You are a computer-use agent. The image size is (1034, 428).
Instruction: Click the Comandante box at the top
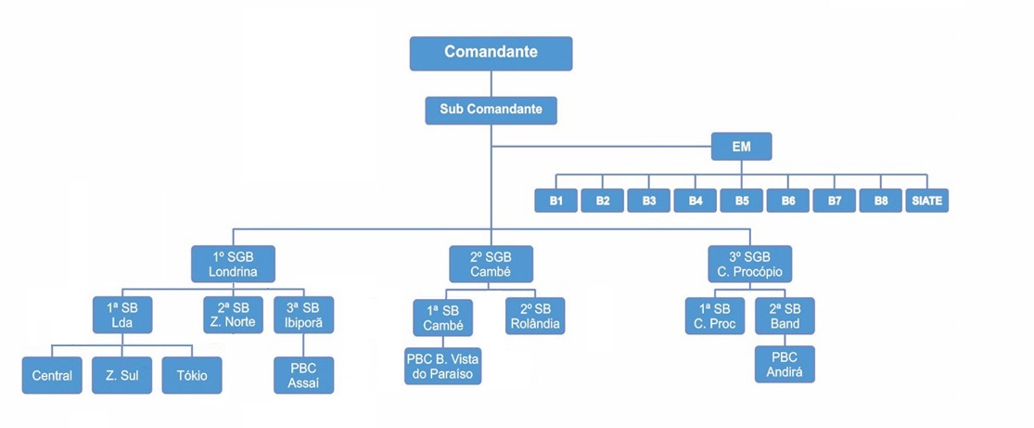pyautogui.click(x=491, y=53)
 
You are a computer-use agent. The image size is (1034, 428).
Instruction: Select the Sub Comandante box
pyautogui.click(x=491, y=110)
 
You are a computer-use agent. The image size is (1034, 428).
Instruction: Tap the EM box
pyautogui.click(x=741, y=148)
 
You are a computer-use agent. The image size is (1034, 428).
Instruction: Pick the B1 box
pyautogui.click(x=555, y=201)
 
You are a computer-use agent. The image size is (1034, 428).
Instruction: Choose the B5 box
pyautogui.click(x=741, y=201)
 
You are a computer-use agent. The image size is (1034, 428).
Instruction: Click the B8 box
pyautogui.click(x=880, y=201)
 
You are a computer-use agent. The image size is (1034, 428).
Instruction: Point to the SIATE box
pyautogui.click(x=927, y=201)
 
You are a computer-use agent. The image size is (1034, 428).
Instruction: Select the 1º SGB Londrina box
pyautogui.click(x=233, y=264)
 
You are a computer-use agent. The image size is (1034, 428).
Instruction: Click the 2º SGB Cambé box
pyautogui.click(x=491, y=264)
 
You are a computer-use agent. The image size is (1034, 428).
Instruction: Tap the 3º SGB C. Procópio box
pyautogui.click(x=749, y=264)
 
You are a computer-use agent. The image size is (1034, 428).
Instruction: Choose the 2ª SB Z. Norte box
pyautogui.click(x=233, y=315)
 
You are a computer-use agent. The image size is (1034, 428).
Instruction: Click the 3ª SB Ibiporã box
pyautogui.click(x=304, y=315)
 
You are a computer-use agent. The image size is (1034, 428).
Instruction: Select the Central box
pyautogui.click(x=52, y=376)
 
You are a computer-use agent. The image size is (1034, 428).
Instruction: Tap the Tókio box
pyautogui.click(x=193, y=376)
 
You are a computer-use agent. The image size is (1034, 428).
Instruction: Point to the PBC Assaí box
pyautogui.click(x=304, y=375)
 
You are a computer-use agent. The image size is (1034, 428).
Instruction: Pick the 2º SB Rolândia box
pyautogui.click(x=535, y=315)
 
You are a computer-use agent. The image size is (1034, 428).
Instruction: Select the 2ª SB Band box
pyautogui.click(x=785, y=315)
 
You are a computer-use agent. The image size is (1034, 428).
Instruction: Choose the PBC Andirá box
pyautogui.click(x=785, y=365)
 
